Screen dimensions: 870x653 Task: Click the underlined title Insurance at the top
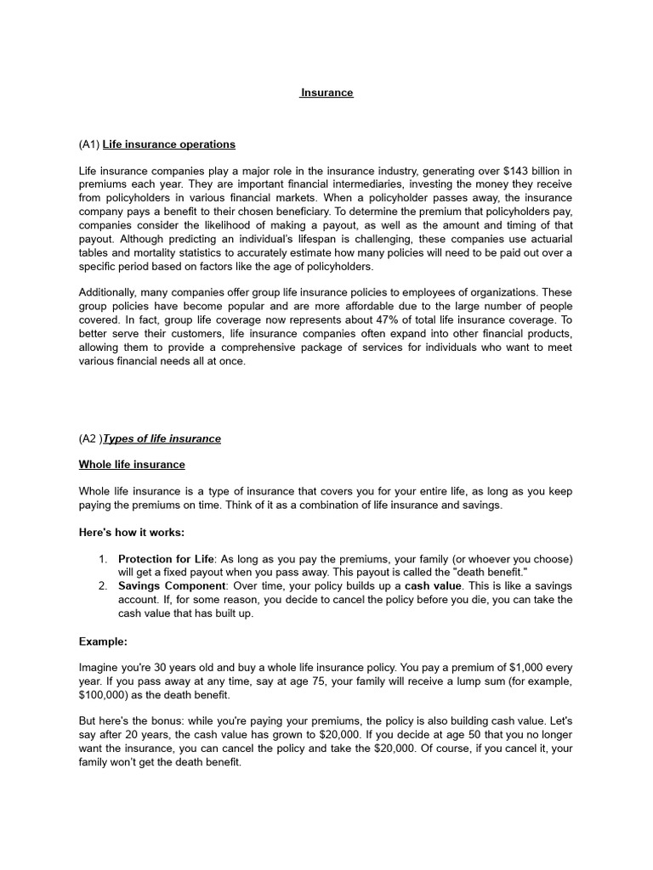(326, 93)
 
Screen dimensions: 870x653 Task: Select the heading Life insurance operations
(169, 144)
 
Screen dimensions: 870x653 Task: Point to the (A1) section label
(89, 144)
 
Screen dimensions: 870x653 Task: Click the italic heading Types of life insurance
(162, 438)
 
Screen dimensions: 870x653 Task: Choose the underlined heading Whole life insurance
(132, 465)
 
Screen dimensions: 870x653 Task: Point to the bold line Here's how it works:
(132, 532)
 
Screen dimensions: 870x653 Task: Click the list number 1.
(102, 558)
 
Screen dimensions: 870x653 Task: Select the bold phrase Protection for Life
(167, 558)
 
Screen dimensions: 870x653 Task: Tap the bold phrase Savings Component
(171, 585)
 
